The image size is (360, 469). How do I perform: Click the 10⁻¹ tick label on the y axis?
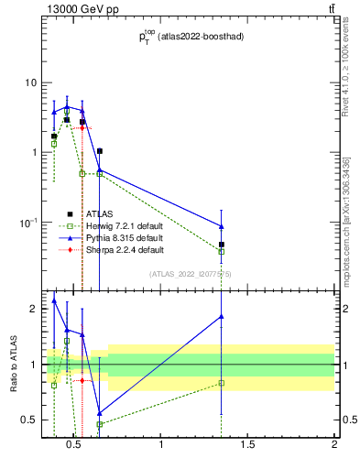[x=27, y=222]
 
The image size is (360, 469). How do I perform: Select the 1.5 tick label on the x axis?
[x=247, y=446]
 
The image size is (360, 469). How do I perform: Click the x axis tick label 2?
[x=334, y=446]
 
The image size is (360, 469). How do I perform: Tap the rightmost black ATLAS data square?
[x=222, y=245]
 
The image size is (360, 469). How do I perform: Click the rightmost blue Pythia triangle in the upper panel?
[x=222, y=226]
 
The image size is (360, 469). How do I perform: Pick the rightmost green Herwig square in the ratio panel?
[x=222, y=383]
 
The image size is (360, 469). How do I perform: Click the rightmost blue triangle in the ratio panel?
[x=222, y=317]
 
